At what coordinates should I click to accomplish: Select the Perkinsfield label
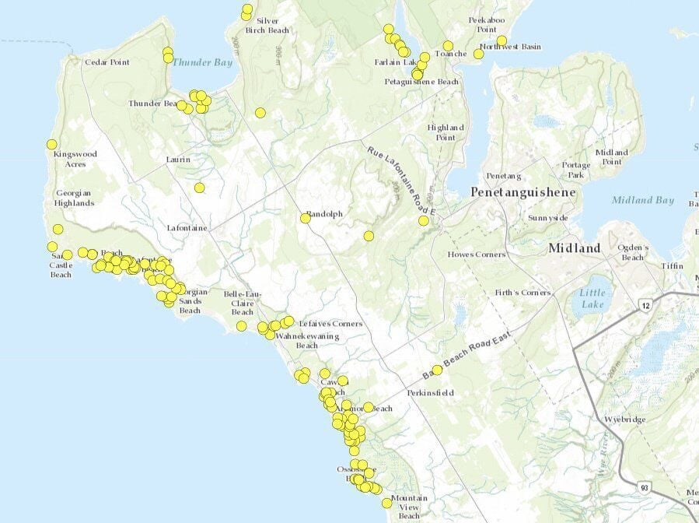(430, 393)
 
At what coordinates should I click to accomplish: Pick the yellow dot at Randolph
(306, 219)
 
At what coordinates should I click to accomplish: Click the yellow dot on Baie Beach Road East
(437, 370)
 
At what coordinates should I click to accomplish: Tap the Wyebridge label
(627, 419)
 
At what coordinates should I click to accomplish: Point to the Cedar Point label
(107, 62)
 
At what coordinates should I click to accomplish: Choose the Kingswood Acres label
(75, 159)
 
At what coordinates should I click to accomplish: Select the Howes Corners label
(477, 254)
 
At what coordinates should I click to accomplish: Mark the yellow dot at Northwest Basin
(502, 40)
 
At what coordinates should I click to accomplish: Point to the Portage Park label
(577, 170)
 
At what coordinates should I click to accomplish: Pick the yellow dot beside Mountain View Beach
(386, 503)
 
